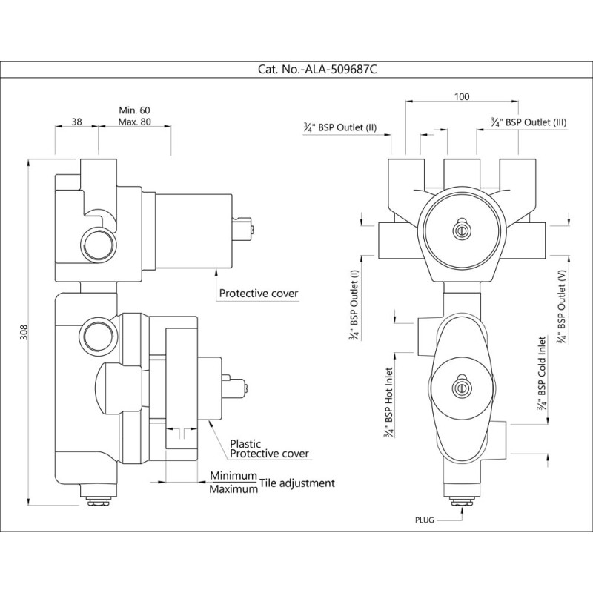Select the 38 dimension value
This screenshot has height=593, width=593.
pyautogui.click(x=77, y=122)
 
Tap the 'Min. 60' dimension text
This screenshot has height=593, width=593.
pyautogui.click(x=135, y=110)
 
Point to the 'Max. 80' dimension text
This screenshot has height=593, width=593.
pyautogui.click(x=135, y=122)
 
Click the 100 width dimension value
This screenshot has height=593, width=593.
pyautogui.click(x=462, y=97)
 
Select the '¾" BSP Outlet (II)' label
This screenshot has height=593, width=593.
pyautogui.click(x=341, y=127)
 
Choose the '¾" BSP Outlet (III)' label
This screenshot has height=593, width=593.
pyautogui.click(x=529, y=121)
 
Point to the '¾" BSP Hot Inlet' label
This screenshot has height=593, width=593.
pyautogui.click(x=388, y=403)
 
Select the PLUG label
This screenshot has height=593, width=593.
pyautogui.click(x=425, y=520)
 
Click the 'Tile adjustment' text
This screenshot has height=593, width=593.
pyautogui.click(x=298, y=483)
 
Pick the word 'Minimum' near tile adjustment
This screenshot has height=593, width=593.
pyautogui.click(x=233, y=476)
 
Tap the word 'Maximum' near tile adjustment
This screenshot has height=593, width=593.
pyautogui.click(x=233, y=490)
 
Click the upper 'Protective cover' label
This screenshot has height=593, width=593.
pyautogui.click(x=259, y=294)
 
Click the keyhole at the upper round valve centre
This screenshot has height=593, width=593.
pyautogui.click(x=462, y=229)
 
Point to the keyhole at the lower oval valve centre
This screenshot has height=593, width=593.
pyautogui.click(x=462, y=387)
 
